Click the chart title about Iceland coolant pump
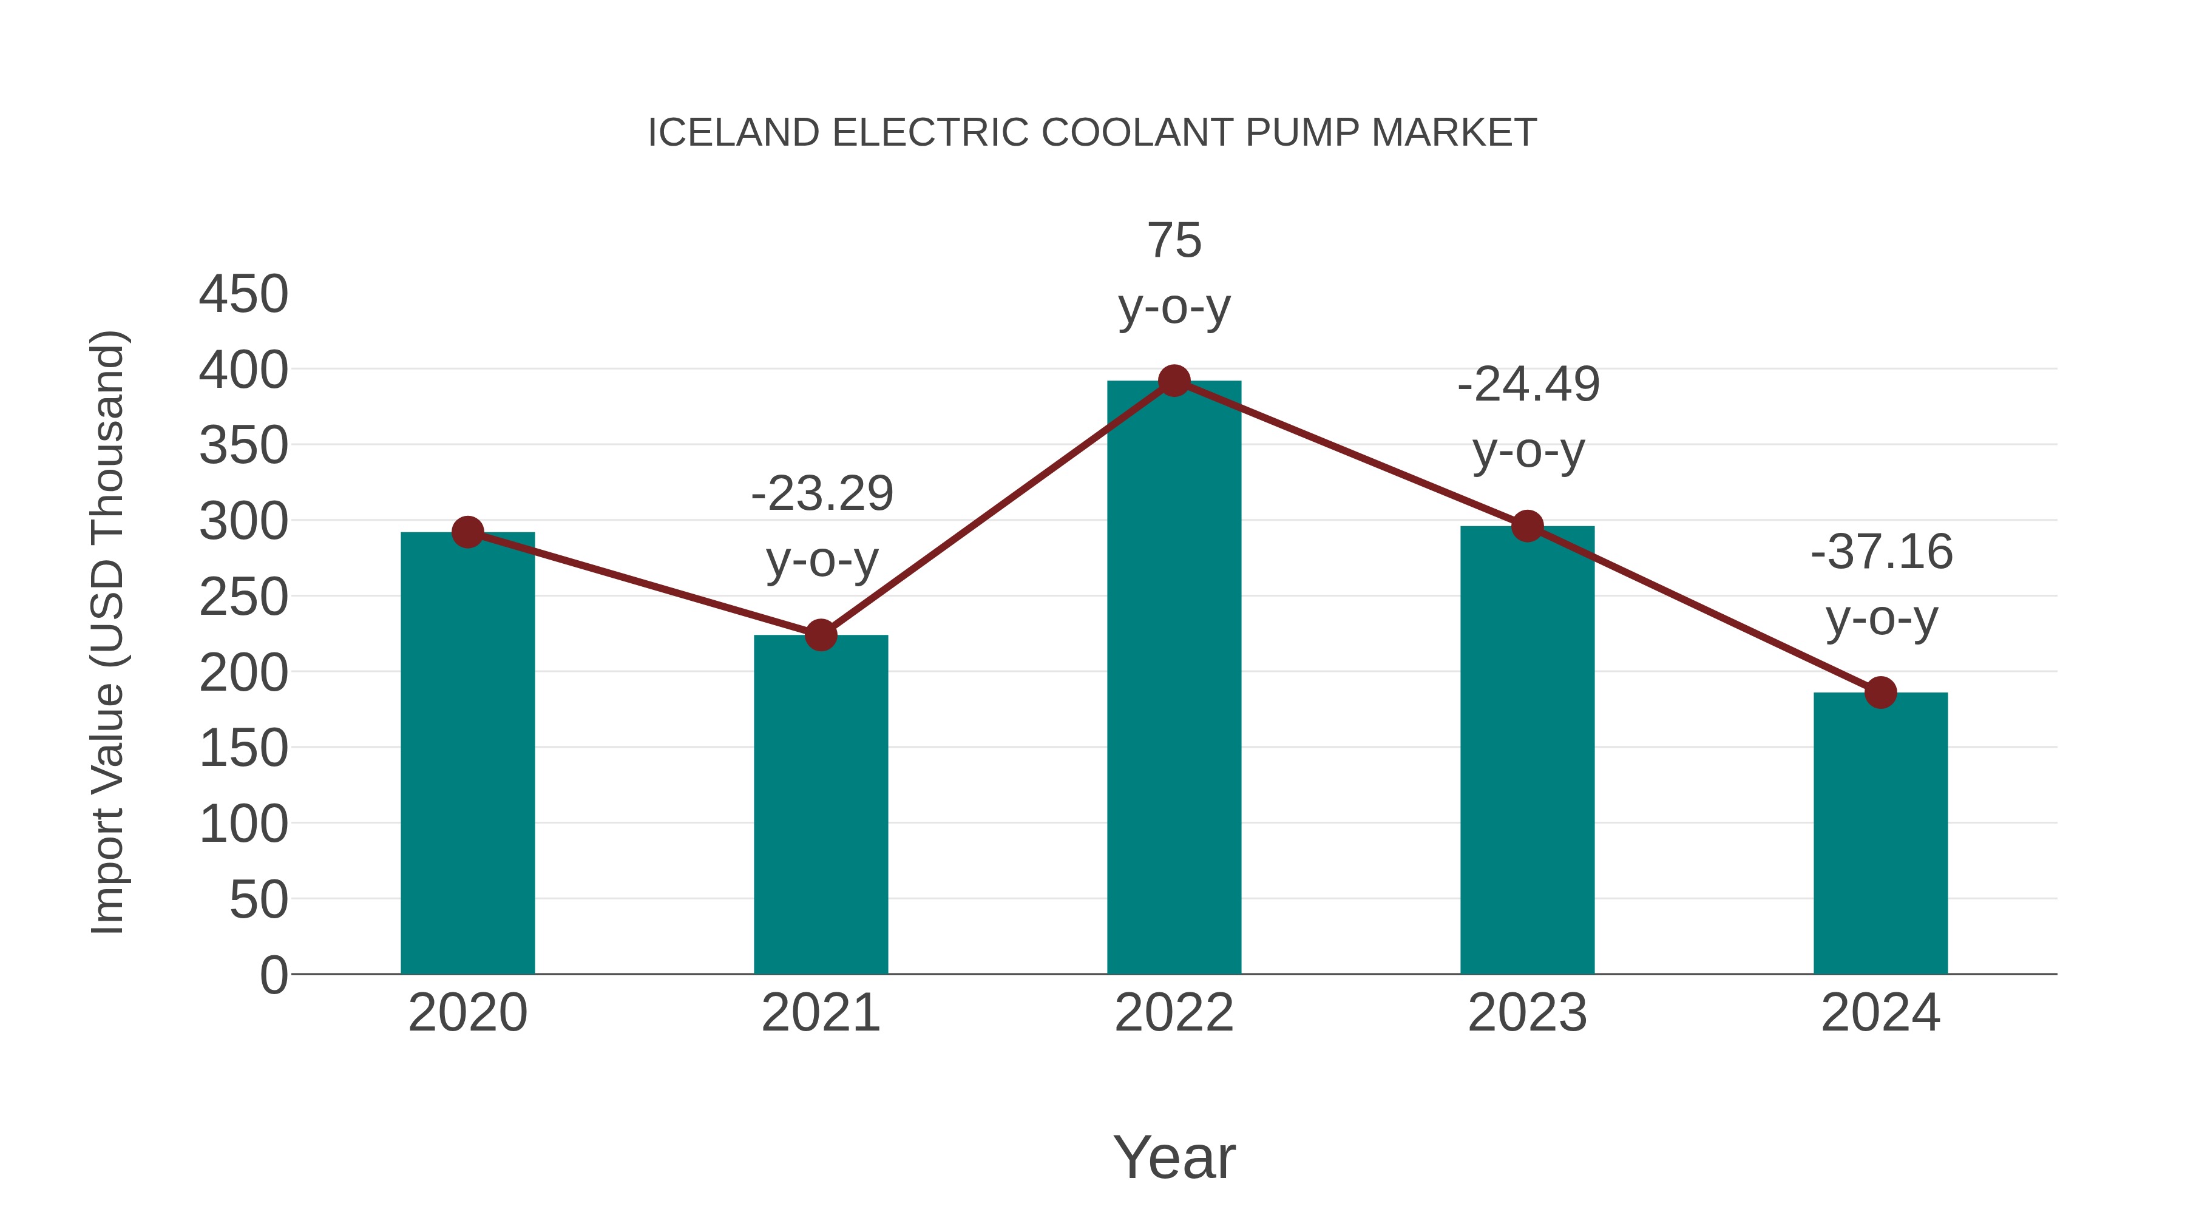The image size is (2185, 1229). (1092, 133)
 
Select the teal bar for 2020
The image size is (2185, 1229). (467, 755)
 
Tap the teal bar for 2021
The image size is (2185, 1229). (820, 806)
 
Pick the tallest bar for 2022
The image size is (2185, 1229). (1173, 679)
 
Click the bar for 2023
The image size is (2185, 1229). (1527, 751)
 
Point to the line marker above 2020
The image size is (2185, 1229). (467, 533)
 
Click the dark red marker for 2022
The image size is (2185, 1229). (1173, 381)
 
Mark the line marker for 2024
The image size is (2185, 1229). (1880, 692)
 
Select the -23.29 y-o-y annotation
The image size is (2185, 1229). (821, 526)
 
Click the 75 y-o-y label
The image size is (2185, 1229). (1174, 273)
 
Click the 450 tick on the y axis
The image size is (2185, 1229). (243, 294)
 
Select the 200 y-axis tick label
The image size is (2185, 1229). (243, 674)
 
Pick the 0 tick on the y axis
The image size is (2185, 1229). (273, 975)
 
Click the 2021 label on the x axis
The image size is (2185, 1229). (820, 1013)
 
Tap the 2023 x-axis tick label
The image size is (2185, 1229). (1527, 1013)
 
